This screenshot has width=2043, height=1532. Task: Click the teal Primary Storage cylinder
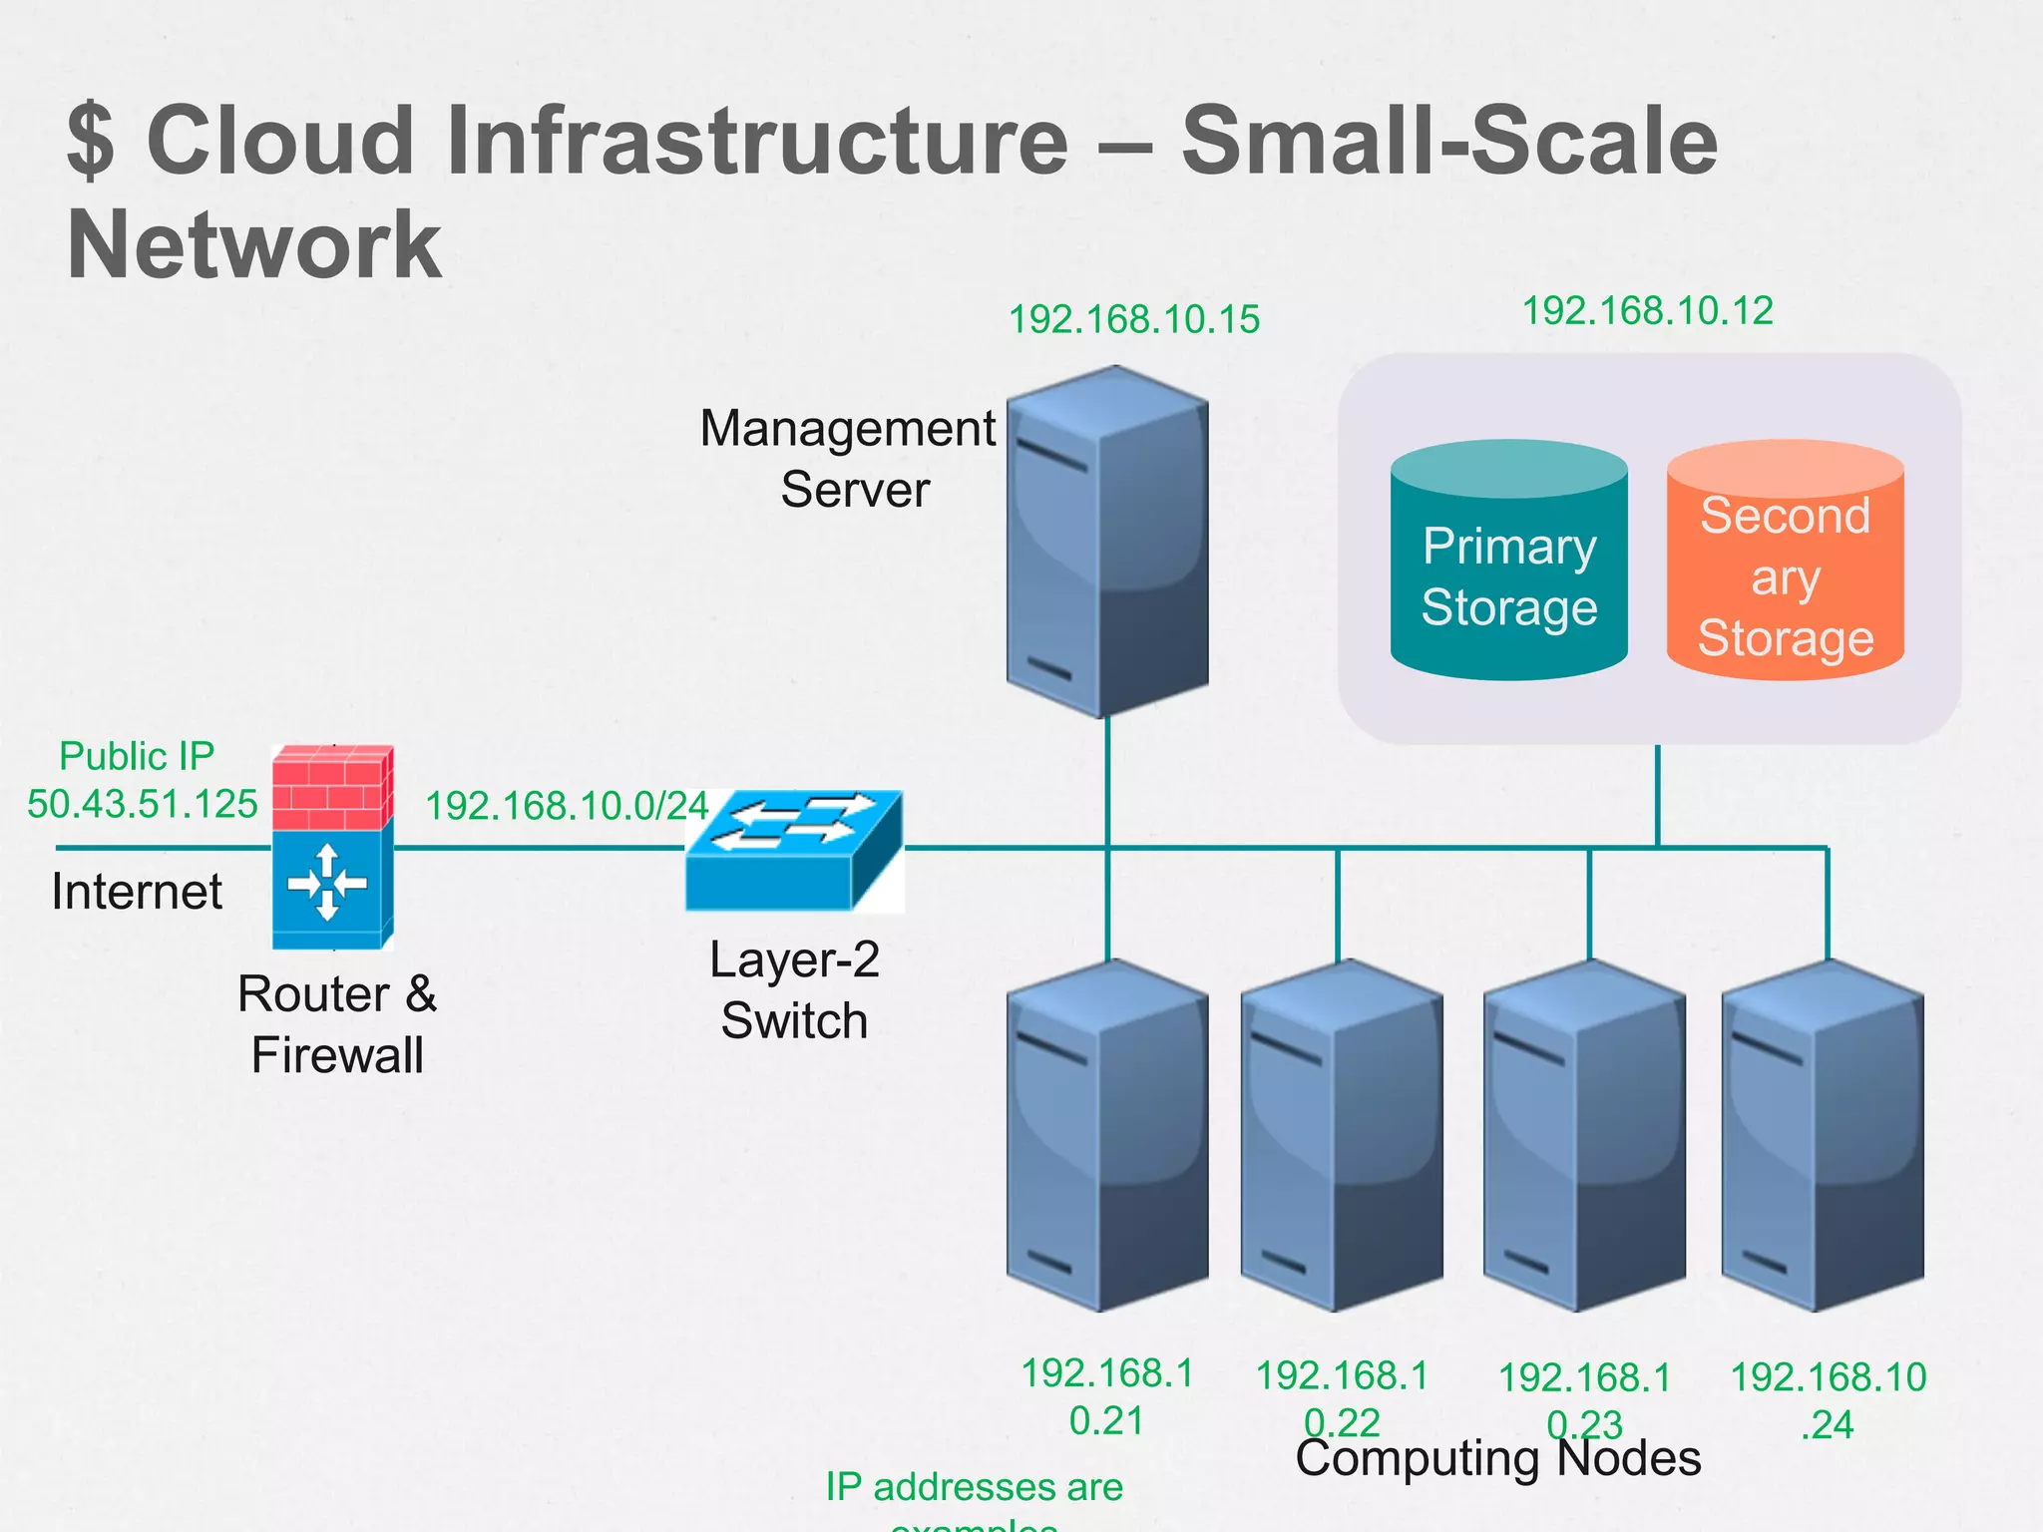point(1508,564)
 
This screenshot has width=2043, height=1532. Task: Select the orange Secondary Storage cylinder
point(1785,564)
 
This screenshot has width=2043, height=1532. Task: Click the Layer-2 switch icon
point(794,851)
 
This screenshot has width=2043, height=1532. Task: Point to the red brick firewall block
point(331,788)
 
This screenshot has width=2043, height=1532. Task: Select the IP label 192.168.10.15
point(1134,319)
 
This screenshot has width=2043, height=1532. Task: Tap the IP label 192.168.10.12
point(1647,310)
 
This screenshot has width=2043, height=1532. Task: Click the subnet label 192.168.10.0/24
point(566,806)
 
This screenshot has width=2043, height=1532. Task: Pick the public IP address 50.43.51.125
point(142,804)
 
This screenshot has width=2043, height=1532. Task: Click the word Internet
point(137,891)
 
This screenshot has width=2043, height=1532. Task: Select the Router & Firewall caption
point(337,1024)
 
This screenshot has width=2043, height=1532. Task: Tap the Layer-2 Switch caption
point(794,989)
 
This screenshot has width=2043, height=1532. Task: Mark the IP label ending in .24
point(1828,1400)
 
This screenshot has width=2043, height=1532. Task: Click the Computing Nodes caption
point(1497,1459)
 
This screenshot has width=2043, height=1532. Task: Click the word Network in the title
point(253,245)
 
